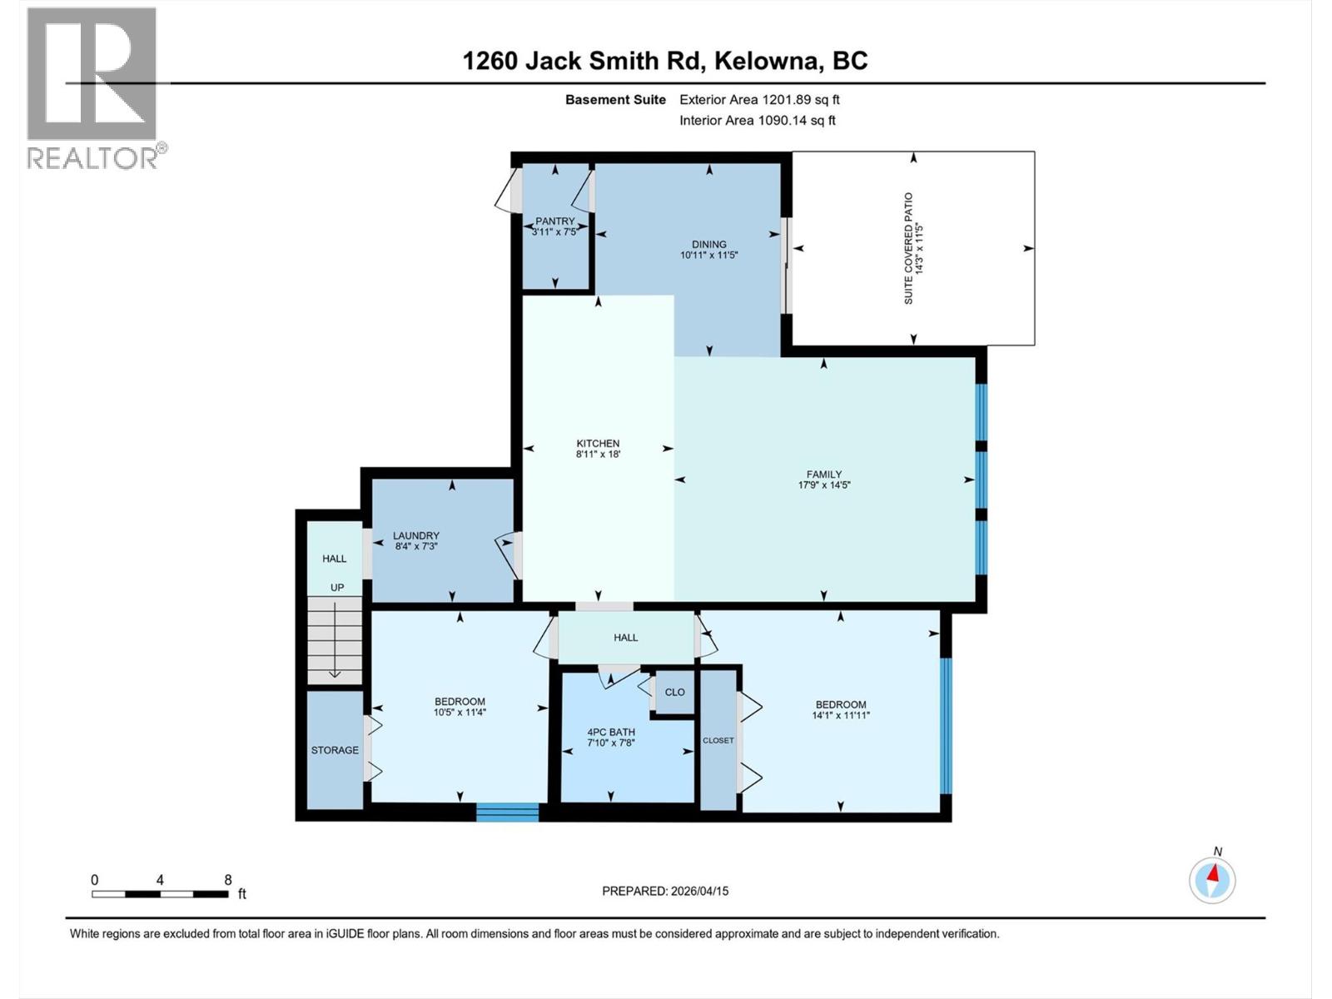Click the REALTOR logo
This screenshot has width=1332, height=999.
pyautogui.click(x=92, y=87)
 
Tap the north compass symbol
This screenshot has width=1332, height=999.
pyautogui.click(x=1212, y=879)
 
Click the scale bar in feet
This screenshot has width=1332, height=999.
pyautogui.click(x=160, y=894)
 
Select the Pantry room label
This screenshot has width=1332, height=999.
pyautogui.click(x=555, y=221)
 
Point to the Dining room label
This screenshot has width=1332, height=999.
pyautogui.click(x=709, y=245)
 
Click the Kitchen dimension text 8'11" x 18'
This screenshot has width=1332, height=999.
pyautogui.click(x=598, y=455)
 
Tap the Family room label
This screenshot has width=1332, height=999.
pyautogui.click(x=824, y=475)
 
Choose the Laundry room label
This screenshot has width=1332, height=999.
pyautogui.click(x=416, y=536)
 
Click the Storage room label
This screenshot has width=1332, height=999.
pyautogui.click(x=335, y=750)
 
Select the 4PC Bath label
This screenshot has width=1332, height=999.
pyautogui.click(x=611, y=733)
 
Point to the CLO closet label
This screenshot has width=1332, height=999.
pyautogui.click(x=675, y=692)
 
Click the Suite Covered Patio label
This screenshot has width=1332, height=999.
pyautogui.click(x=909, y=248)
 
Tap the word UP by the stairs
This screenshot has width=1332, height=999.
pyautogui.click(x=337, y=588)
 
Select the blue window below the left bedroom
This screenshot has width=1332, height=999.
pyautogui.click(x=508, y=812)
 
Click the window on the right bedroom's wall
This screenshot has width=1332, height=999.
pyautogui.click(x=946, y=725)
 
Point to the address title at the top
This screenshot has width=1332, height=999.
pyautogui.click(x=665, y=61)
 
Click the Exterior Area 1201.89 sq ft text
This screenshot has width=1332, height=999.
pyautogui.click(x=759, y=100)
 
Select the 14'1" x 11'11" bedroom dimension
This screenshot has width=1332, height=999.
pyautogui.click(x=841, y=715)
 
